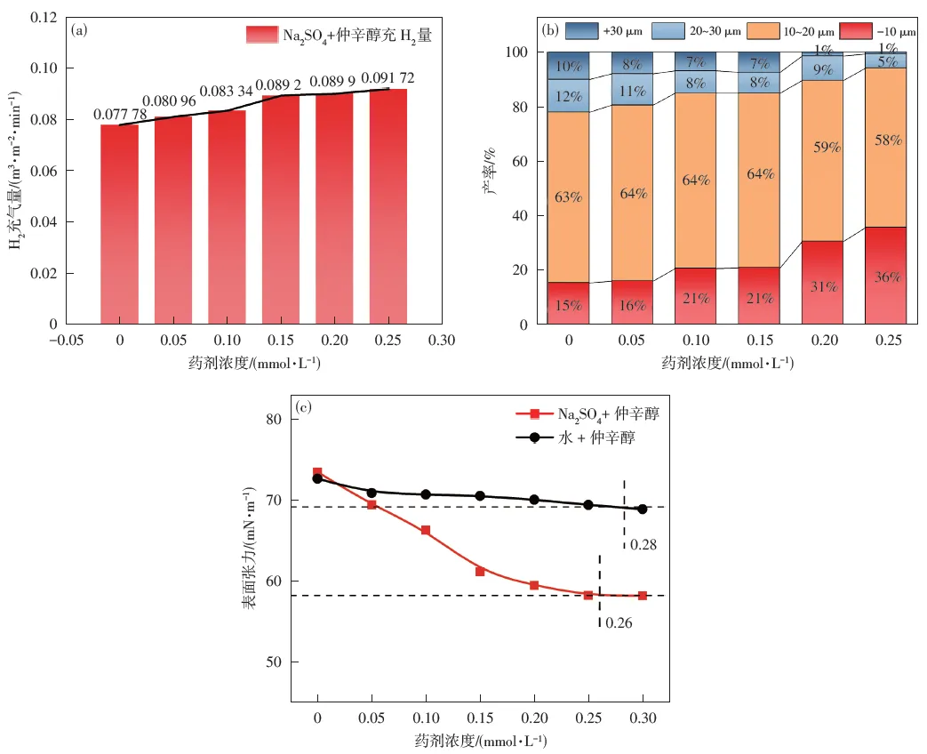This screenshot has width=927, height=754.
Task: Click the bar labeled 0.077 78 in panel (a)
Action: click(x=118, y=224)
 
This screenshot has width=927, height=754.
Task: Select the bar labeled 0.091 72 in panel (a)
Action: click(x=388, y=206)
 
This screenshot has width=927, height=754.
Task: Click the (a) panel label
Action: click(x=80, y=28)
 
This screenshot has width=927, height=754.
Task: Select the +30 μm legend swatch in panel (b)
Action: click(x=582, y=31)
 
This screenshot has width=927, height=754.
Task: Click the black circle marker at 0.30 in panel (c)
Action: click(x=642, y=509)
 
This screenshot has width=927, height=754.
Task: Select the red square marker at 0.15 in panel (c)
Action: click(x=480, y=571)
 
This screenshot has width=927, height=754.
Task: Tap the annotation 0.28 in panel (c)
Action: click(x=643, y=543)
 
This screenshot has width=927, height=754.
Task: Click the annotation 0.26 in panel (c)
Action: click(x=618, y=623)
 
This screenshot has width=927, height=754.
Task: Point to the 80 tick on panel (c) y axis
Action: click(x=273, y=420)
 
